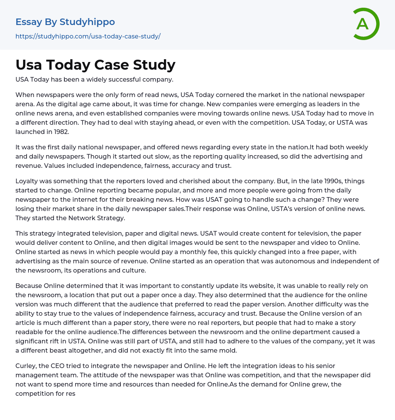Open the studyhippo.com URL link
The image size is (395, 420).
[x=88, y=36]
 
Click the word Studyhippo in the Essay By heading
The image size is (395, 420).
[x=87, y=22]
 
